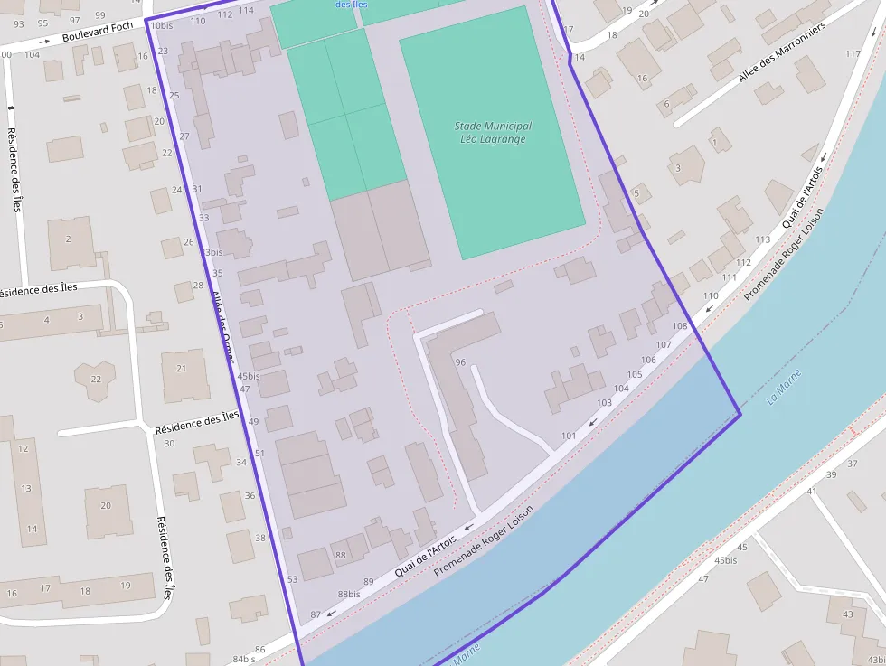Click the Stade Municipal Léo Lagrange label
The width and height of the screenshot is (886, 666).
[493, 133]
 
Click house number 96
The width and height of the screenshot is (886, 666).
[460, 362]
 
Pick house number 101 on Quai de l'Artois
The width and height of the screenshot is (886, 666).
[568, 436]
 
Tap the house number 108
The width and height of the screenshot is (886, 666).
[680, 326]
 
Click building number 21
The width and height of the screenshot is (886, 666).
[181, 369]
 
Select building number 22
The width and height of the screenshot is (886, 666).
[96, 378]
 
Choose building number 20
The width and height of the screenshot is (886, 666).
[106, 505]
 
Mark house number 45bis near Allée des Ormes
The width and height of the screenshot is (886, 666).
[248, 376]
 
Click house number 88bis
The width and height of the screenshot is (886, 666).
[349, 594]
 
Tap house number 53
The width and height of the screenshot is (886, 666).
[292, 579]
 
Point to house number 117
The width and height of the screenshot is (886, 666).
[853, 54]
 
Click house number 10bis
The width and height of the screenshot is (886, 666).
[161, 25]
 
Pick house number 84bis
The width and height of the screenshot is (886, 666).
[244, 660]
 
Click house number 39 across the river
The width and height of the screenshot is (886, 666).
[831, 474]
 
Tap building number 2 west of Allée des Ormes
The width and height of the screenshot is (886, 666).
[68, 239]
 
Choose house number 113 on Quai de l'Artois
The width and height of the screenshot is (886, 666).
[762, 239]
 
